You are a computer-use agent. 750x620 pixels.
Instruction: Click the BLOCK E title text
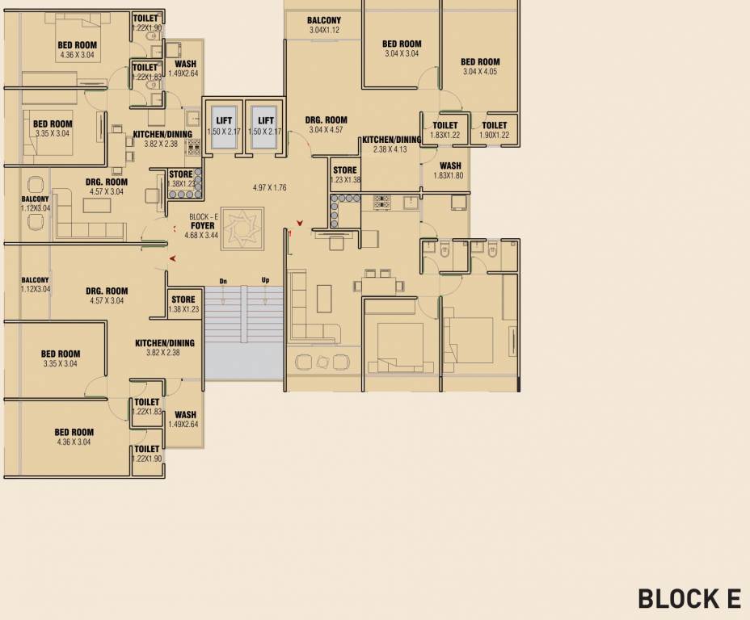[689, 598]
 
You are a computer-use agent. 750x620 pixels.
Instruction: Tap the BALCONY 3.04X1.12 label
[324, 25]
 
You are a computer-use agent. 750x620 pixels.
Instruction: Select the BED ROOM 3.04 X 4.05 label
[480, 66]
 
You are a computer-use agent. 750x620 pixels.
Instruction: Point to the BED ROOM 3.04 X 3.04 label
[402, 48]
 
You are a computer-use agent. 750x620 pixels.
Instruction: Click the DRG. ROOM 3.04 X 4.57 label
[327, 124]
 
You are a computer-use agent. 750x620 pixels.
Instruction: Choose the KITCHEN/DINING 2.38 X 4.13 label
[391, 144]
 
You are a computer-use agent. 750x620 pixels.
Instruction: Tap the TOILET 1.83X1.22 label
[445, 130]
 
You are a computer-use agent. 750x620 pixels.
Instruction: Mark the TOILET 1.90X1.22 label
[495, 130]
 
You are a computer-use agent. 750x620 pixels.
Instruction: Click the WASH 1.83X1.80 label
[450, 170]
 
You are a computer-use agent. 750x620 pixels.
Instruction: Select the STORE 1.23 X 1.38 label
[345, 175]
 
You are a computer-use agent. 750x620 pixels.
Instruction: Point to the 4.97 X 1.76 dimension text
[270, 187]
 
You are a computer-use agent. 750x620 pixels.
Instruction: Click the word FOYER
[202, 226]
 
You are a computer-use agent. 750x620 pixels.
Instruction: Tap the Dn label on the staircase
[222, 281]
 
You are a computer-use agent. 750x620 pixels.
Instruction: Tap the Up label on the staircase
[265, 281]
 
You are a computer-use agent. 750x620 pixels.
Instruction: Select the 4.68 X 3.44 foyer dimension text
[201, 235]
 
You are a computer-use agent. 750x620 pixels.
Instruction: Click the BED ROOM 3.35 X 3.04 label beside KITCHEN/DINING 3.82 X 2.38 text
[61, 358]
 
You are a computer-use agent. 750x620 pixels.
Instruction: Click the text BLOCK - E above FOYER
[203, 217]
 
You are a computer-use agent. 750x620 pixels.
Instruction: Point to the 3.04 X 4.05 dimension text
[480, 71]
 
